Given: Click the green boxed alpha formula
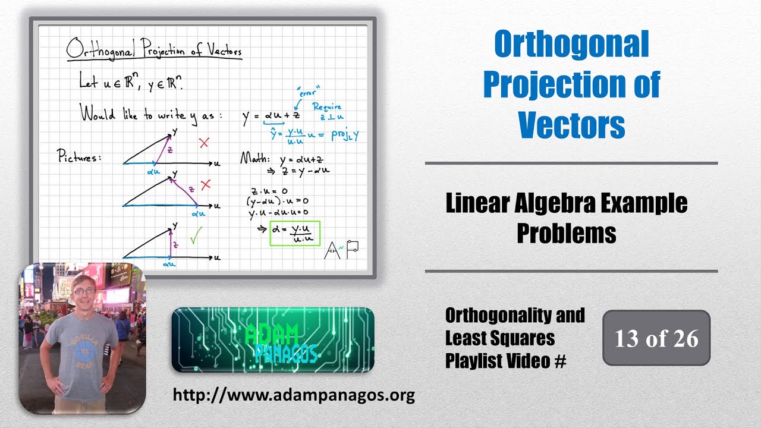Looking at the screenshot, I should (295, 233).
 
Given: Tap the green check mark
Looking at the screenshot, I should (196, 235).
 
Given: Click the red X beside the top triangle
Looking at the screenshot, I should (205, 143).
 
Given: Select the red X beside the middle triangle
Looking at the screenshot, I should (206, 185).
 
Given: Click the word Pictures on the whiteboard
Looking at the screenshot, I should (79, 158).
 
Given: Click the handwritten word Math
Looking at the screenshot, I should (254, 159).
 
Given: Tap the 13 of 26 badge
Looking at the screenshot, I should (656, 338).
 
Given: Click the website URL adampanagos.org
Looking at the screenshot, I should (294, 395).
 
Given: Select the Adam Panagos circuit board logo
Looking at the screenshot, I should (273, 340).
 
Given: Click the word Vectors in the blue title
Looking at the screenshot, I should (571, 125).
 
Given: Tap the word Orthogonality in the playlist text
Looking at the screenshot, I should (515, 315).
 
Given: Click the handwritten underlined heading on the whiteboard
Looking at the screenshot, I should (154, 50).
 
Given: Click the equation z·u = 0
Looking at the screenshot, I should (269, 191).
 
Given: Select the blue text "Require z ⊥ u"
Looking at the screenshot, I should (327, 112).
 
